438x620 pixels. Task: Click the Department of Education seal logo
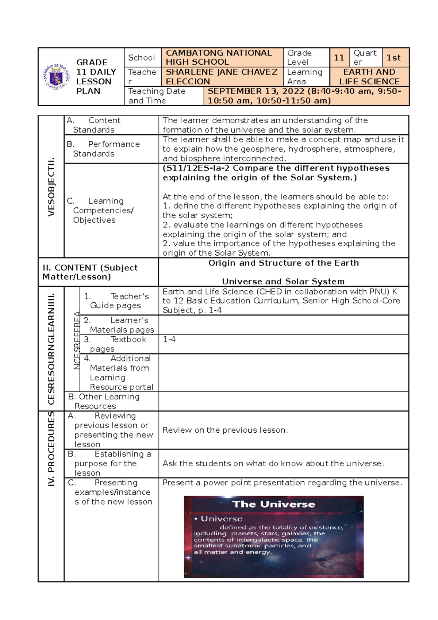point(56,77)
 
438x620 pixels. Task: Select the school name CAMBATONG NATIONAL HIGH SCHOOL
point(219,58)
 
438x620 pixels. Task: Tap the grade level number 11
point(339,58)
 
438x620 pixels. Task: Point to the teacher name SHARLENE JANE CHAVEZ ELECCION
point(222,77)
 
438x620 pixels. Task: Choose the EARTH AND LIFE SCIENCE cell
point(369,77)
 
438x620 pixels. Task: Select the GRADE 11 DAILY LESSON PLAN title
point(96,77)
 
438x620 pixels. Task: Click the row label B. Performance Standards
point(103,149)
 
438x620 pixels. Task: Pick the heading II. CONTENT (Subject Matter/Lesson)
point(90,272)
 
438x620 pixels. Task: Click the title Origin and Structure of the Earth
point(283,263)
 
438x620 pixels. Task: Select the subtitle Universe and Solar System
point(283,282)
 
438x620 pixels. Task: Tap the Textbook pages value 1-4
point(169,339)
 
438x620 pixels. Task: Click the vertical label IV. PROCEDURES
point(51,449)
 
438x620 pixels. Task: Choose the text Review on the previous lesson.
point(225,430)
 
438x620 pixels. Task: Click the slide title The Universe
point(273,504)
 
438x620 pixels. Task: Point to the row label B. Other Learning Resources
point(104,401)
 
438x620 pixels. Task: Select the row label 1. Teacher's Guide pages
point(116,301)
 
